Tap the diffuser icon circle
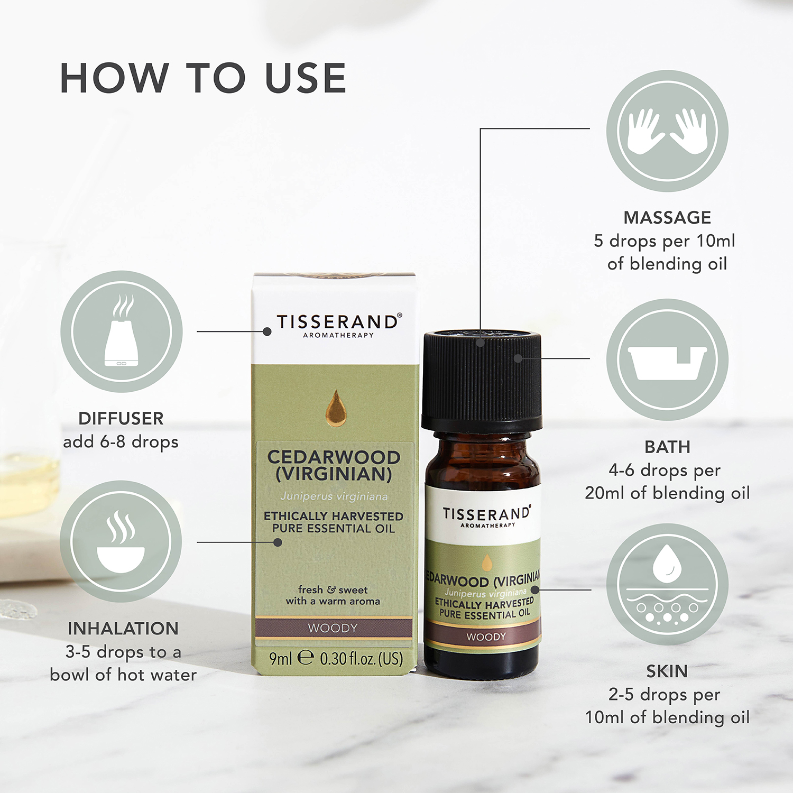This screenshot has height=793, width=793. (122, 331)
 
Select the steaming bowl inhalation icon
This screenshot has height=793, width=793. (121, 541)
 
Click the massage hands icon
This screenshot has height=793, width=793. (667, 131)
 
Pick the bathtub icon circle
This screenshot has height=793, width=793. (667, 360)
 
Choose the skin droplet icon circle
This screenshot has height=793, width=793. (667, 584)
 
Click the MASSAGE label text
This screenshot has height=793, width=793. (667, 217)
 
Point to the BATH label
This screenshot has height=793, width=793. (667, 447)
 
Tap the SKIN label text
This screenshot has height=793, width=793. (667, 671)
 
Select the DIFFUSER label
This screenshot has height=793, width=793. (121, 418)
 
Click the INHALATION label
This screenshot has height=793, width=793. (123, 628)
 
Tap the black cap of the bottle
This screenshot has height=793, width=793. (482, 380)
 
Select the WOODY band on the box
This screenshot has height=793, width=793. (333, 628)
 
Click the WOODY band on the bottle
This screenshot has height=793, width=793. (485, 637)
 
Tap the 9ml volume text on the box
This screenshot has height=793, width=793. (281, 659)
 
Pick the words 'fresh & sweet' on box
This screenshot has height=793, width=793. (333, 589)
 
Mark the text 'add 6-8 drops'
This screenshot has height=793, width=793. (121, 441)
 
